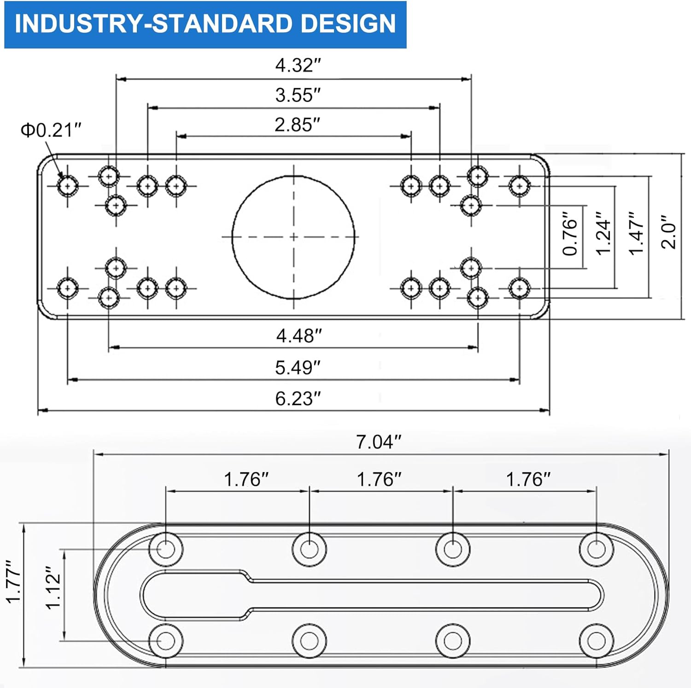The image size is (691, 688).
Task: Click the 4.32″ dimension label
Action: [298, 65]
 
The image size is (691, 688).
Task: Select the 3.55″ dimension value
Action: [298, 95]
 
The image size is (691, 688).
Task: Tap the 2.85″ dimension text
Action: [297, 125]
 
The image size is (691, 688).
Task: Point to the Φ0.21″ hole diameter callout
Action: [51, 130]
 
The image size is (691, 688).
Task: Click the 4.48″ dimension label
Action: [299, 336]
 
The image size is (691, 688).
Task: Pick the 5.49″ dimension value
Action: [298, 367]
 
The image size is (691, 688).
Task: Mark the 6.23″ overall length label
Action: [298, 398]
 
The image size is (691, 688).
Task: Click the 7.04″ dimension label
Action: [379, 442]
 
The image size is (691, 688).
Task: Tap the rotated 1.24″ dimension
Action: [603, 234]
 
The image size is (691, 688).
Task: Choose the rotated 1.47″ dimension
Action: [636, 234]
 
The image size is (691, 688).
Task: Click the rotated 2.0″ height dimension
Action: [668, 232]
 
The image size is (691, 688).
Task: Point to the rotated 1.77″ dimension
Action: [13, 582]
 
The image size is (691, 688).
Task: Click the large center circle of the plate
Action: [293, 237]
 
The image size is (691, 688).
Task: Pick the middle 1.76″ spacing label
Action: [379, 479]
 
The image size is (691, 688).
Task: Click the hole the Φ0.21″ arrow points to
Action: [68, 186]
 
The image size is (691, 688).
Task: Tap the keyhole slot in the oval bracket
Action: [369, 595]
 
